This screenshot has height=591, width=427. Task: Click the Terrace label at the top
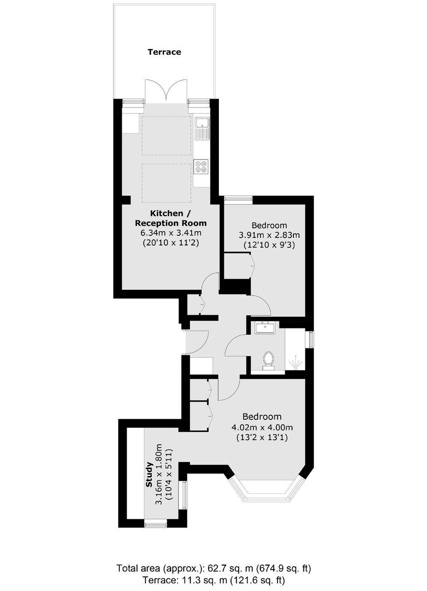[x=164, y=52]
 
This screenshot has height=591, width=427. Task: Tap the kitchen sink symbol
[x=202, y=129]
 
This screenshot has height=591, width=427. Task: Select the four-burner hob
[x=201, y=167]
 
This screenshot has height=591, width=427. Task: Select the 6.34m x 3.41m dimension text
[x=171, y=233]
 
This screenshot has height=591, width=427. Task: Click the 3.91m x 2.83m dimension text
[x=269, y=234]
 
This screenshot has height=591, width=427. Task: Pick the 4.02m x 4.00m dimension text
[x=262, y=427]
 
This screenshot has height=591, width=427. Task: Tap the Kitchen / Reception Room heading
[x=171, y=218]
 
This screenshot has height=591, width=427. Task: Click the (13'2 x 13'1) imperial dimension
[x=262, y=437]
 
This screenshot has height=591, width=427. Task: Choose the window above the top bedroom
[x=238, y=199]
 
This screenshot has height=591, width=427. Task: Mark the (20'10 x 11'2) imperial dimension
[x=171, y=243]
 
